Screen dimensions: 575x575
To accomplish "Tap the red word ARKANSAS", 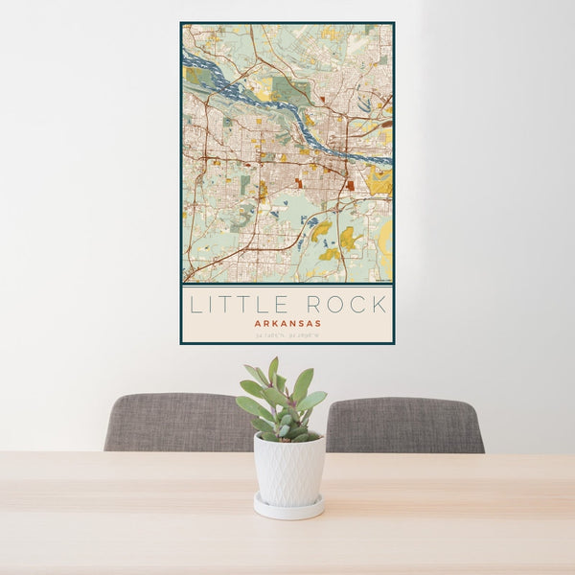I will [x=287, y=324].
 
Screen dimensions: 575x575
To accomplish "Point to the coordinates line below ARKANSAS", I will [x=287, y=335].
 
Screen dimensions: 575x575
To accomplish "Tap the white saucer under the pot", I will [x=288, y=507].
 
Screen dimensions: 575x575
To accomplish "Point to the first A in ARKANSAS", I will [x=258, y=324].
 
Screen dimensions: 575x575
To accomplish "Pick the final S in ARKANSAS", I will [x=317, y=324].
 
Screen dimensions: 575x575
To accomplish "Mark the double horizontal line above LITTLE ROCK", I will [x=287, y=285].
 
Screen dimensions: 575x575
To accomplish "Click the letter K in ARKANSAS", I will [x=275, y=324].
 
